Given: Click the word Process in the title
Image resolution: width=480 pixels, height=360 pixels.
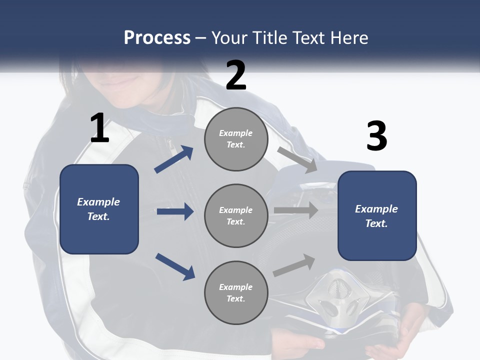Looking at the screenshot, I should (157, 37).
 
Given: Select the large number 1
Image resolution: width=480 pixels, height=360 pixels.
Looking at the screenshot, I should (99, 128).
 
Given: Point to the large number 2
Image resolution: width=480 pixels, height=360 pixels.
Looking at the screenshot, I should (236, 75).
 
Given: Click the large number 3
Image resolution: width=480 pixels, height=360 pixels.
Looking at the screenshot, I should (376, 136).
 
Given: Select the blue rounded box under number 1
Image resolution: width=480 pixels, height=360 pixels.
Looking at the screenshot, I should (99, 209).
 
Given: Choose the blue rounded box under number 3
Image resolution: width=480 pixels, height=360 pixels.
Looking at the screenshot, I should (377, 216).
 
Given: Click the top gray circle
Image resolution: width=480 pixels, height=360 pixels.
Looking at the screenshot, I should (236, 139).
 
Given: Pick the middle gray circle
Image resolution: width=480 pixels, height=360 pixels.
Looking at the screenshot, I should (236, 215).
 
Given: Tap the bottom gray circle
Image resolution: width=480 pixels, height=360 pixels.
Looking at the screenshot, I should (236, 292).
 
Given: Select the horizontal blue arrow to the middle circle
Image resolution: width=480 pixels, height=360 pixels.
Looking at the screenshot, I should (175, 211).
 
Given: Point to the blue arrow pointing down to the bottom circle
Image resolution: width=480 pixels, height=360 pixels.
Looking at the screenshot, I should (175, 266).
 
